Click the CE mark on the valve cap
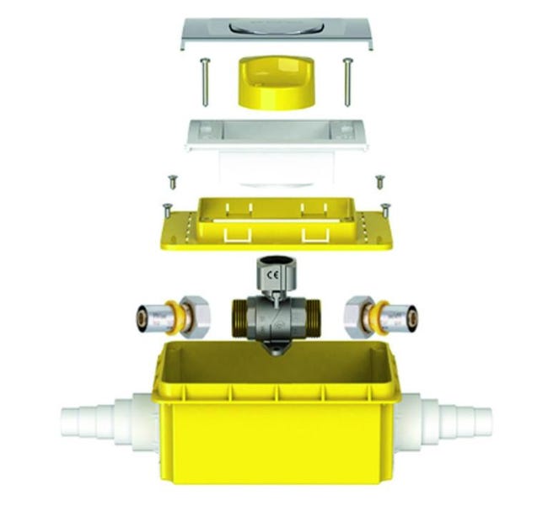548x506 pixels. click(x=272, y=275)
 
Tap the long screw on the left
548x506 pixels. click(x=205, y=83)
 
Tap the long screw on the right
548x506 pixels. click(x=347, y=83)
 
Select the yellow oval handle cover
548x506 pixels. click(x=276, y=83)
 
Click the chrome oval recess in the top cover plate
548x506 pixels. click(x=277, y=27)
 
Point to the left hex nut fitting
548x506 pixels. click(x=194, y=317)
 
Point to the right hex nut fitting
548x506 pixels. click(x=357, y=317)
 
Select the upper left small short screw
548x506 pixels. click(x=173, y=183)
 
